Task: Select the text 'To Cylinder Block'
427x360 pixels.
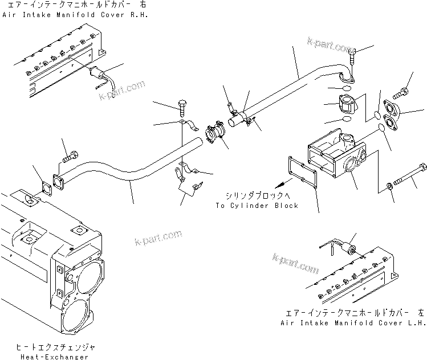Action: coord(257,206)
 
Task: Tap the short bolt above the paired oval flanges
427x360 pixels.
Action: coord(402,90)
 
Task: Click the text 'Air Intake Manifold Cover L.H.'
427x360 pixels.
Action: coord(353,322)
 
